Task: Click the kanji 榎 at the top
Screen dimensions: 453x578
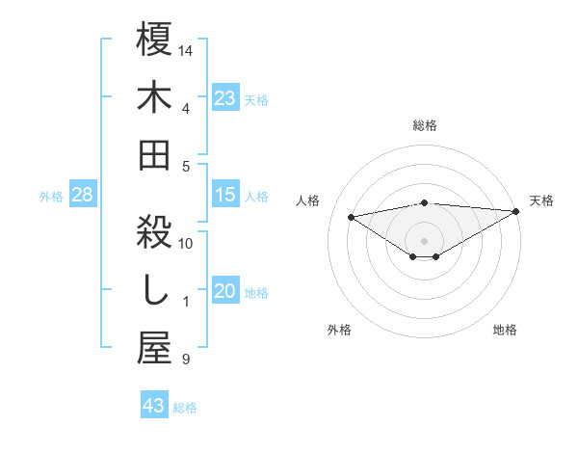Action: click(x=154, y=41)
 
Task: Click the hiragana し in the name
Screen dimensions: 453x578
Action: click(x=154, y=290)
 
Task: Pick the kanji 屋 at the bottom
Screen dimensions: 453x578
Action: click(x=154, y=348)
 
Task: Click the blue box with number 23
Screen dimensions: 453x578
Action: click(x=225, y=97)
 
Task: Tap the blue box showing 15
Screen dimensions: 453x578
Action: click(x=225, y=195)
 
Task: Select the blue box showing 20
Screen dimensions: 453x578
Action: click(x=225, y=291)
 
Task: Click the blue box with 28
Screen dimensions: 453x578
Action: click(x=83, y=195)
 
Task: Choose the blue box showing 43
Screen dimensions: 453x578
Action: click(x=154, y=406)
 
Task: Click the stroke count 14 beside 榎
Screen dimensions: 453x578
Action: click(x=187, y=49)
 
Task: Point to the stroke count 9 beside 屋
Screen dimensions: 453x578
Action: click(x=185, y=360)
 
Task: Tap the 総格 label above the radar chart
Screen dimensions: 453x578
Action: click(x=425, y=125)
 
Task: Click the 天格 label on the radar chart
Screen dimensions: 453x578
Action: click(x=541, y=200)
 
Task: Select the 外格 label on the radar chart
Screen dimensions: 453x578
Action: click(x=339, y=330)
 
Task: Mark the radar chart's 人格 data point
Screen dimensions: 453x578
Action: click(x=351, y=216)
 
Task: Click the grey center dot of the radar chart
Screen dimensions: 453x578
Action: click(x=424, y=239)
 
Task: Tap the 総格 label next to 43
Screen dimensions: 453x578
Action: click(x=186, y=408)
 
